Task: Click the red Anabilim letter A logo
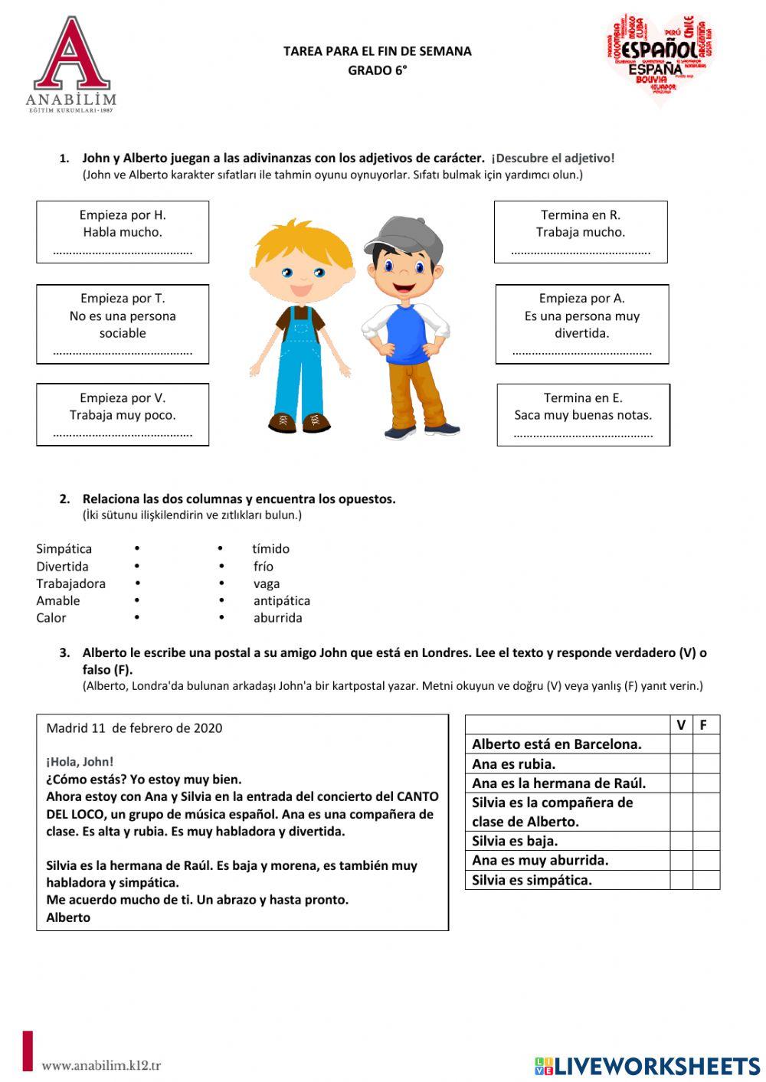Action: click(x=71, y=57)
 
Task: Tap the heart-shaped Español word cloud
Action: click(x=660, y=55)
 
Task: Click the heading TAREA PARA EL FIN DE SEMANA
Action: click(x=377, y=51)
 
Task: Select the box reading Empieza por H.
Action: click(x=123, y=231)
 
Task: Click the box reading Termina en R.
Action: click(x=580, y=231)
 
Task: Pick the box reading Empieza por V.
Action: click(x=123, y=414)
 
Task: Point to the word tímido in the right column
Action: click(x=270, y=548)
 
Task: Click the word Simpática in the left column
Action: click(x=64, y=548)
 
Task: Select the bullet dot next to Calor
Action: click(x=136, y=617)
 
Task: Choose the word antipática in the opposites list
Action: click(x=281, y=600)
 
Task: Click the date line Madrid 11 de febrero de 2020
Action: click(x=134, y=727)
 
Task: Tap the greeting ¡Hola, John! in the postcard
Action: click(x=80, y=761)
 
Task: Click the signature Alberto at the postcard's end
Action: click(x=68, y=917)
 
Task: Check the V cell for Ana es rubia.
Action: click(x=681, y=763)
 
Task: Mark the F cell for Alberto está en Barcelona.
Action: click(x=705, y=744)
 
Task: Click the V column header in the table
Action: click(x=681, y=724)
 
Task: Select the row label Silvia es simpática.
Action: click(x=532, y=880)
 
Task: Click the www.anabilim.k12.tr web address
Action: click(x=101, y=1065)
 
